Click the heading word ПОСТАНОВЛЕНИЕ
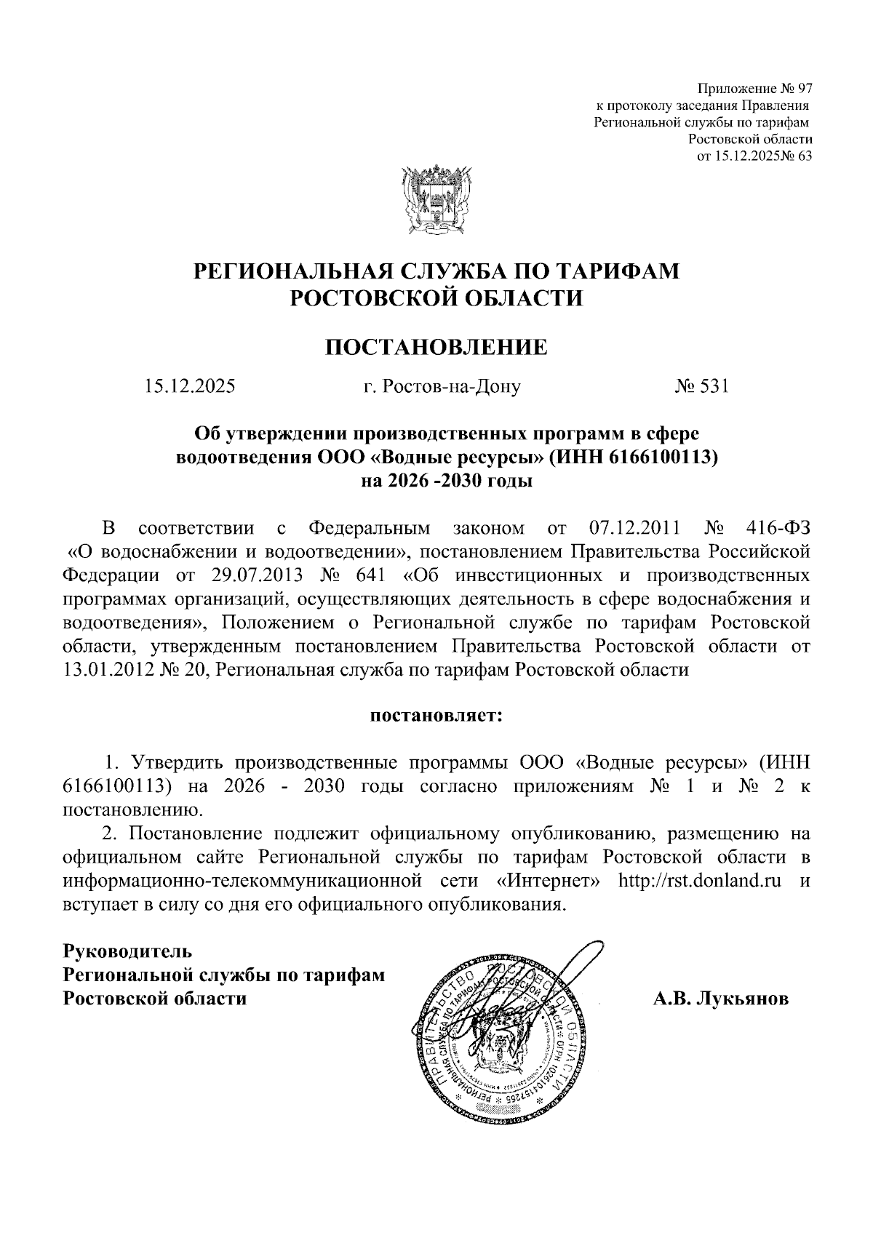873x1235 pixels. pyautogui.click(x=436, y=347)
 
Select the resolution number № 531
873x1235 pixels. pyautogui.click(x=701, y=386)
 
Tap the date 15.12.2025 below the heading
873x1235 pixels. pyautogui.click(x=189, y=386)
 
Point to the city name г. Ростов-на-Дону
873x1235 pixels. pyautogui.click(x=442, y=387)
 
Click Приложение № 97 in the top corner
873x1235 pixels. pyautogui.click(x=754, y=89)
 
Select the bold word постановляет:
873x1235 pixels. pyautogui.click(x=436, y=716)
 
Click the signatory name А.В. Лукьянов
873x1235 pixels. pyautogui.click(x=720, y=999)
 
